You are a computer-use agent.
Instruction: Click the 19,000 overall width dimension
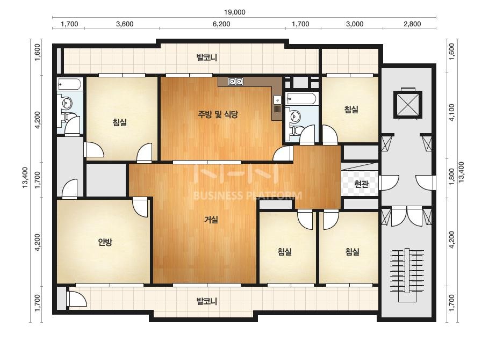click(234, 12)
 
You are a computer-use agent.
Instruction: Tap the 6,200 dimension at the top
click(221, 24)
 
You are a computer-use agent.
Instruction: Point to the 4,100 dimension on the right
click(451, 112)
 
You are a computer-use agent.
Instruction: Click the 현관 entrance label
click(361, 184)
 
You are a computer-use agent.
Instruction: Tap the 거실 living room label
click(211, 220)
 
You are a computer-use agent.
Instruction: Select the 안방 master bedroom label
click(105, 242)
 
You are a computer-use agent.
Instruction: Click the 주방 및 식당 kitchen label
click(218, 114)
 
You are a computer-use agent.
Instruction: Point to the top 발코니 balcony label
click(206, 58)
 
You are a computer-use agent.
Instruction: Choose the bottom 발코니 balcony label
click(206, 301)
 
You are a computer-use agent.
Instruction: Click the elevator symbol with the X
click(408, 105)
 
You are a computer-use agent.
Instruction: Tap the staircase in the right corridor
click(406, 275)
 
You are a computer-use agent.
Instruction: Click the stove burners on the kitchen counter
click(235, 82)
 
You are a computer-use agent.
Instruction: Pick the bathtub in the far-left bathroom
click(69, 84)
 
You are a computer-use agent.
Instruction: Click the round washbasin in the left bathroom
click(67, 103)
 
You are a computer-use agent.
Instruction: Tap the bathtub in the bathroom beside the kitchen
click(300, 99)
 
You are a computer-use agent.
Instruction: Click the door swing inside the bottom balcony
click(77, 299)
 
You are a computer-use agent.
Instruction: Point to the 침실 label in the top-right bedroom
click(351, 110)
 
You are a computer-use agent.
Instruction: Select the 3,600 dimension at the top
click(125, 24)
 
